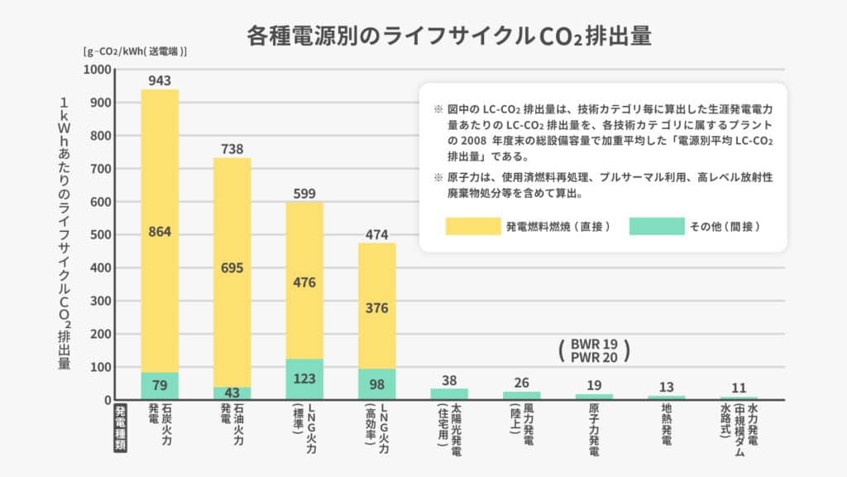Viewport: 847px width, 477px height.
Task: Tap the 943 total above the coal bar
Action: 160,80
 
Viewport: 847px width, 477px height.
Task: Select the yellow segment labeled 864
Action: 160,232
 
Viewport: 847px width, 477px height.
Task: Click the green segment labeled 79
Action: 160,386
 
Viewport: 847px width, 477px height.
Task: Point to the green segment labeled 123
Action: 304,379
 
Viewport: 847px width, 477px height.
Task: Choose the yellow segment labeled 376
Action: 377,308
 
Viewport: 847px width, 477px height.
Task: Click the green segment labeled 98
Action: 377,383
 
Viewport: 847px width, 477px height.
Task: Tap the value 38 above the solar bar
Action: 449,381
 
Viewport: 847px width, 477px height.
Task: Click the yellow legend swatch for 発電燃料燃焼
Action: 473,226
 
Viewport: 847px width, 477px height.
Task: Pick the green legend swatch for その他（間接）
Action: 657,226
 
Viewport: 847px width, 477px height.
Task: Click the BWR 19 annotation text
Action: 594,344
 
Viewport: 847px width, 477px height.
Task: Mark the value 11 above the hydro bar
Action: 739,388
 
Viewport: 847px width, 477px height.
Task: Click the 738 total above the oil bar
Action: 232,149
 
